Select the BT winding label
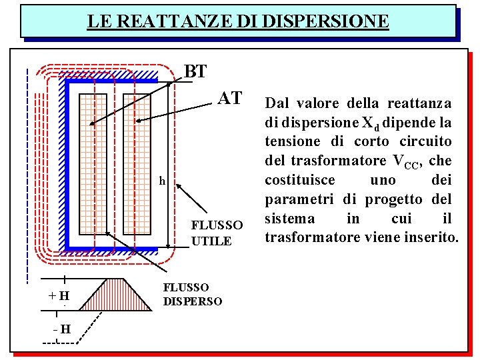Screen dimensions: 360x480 coord(195,71)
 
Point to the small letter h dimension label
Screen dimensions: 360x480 coord(162,181)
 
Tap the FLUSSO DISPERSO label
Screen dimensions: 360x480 coord(193,294)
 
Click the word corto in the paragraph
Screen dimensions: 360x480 coord(383,142)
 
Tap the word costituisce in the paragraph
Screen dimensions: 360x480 coord(301,181)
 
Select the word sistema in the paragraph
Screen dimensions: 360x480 coord(289,219)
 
